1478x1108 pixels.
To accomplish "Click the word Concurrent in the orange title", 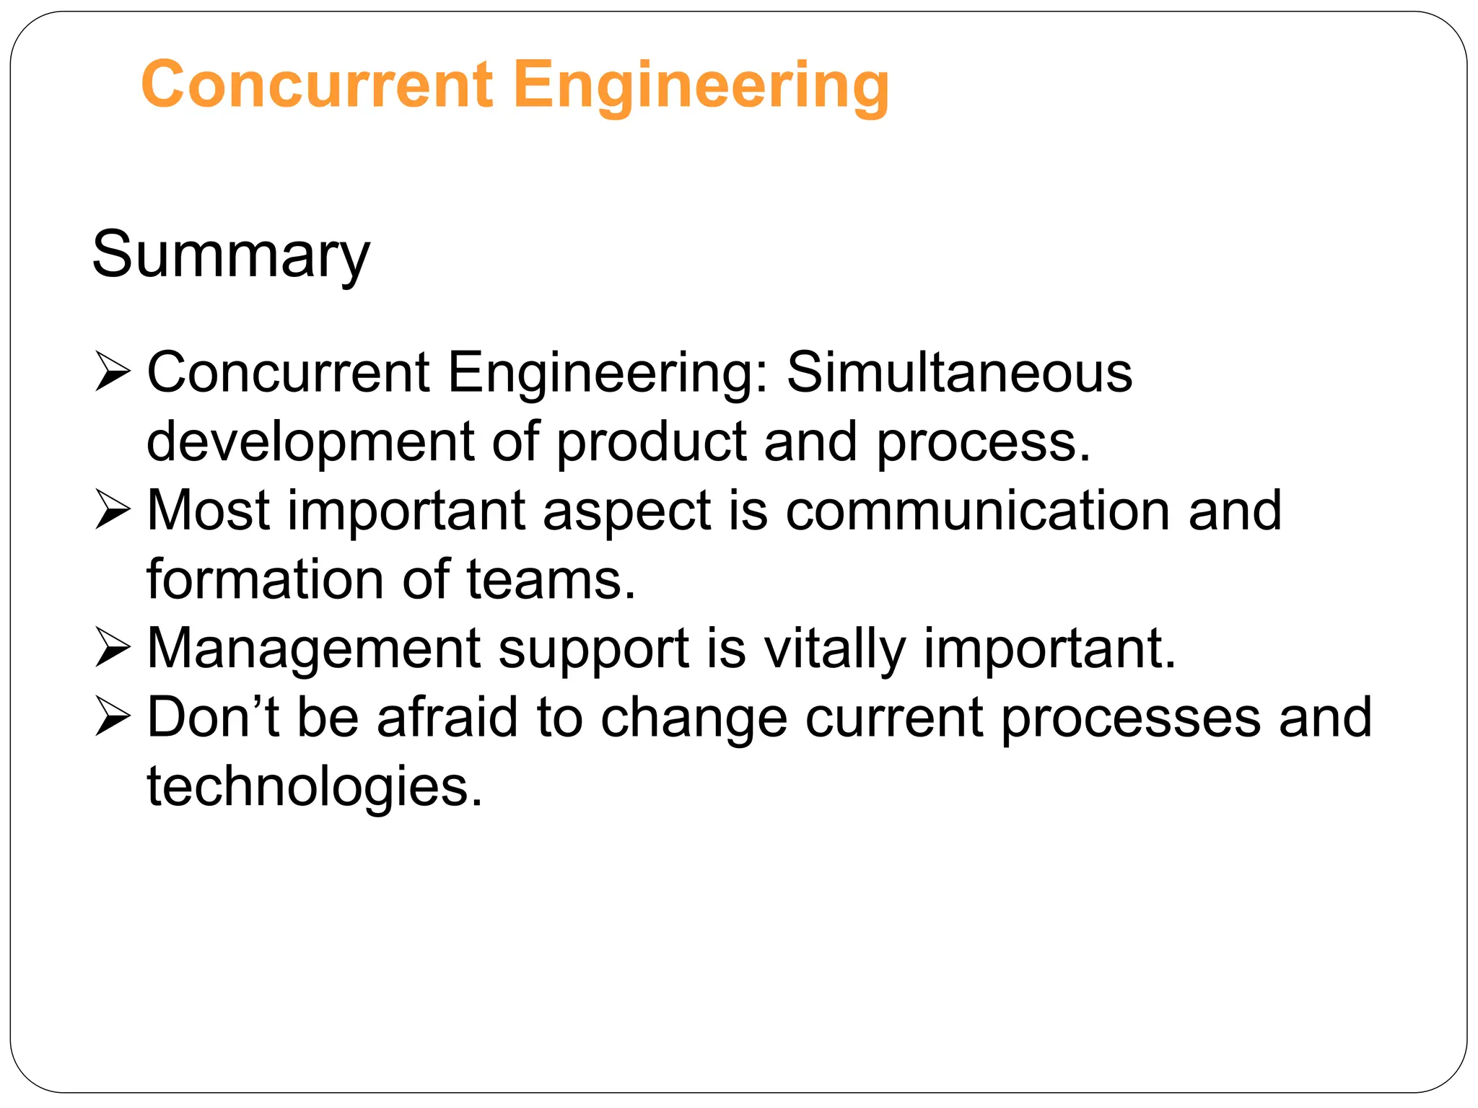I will [x=318, y=85].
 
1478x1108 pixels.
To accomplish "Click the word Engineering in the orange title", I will [x=701, y=85].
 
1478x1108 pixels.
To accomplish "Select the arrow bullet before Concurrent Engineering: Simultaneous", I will [x=113, y=372].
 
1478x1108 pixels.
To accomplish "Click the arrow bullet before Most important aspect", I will [x=113, y=511].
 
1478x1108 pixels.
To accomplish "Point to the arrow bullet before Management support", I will [x=113, y=648].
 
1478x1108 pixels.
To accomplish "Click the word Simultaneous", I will [x=959, y=372].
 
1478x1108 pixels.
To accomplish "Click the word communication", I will [x=977, y=511].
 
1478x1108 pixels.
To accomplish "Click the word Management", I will [x=313, y=648].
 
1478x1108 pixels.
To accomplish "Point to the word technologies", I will [x=315, y=786].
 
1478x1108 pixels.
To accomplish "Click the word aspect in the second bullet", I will [x=626, y=511].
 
